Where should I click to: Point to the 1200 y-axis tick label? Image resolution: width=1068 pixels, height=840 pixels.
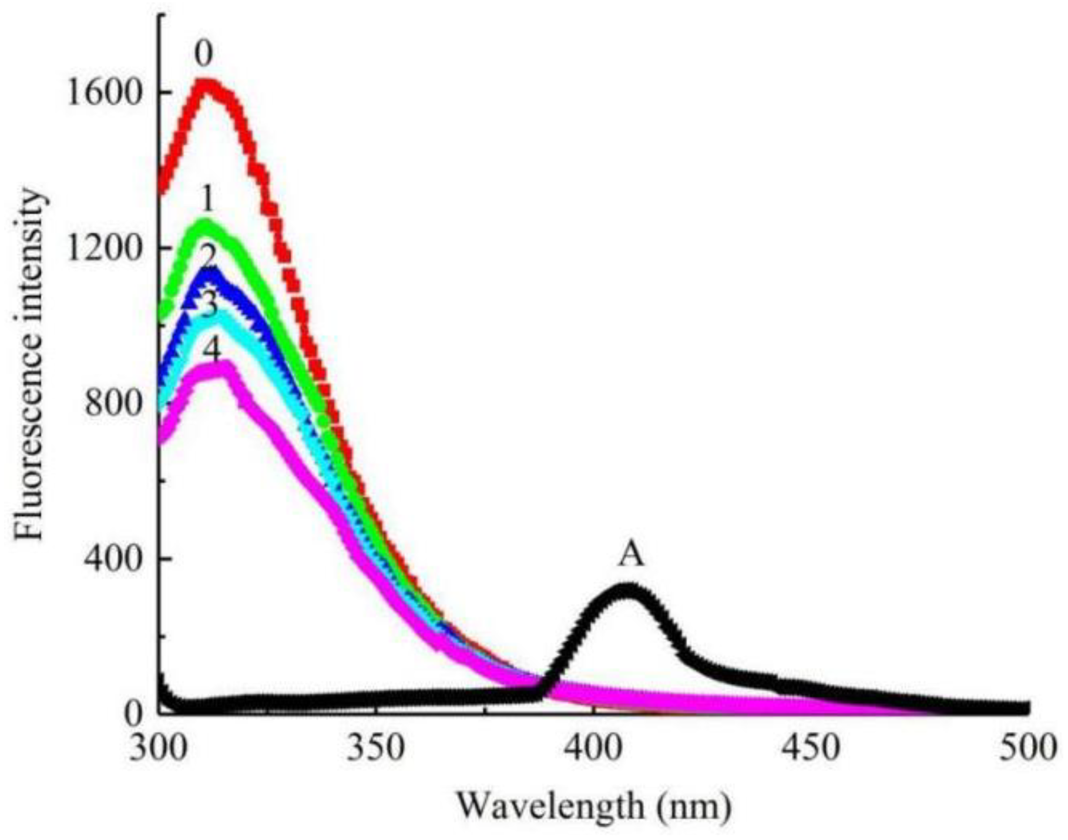104,249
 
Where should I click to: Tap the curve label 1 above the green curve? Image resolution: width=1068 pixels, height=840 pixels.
206,201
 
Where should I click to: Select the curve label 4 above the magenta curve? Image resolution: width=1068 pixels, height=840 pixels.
211,350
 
